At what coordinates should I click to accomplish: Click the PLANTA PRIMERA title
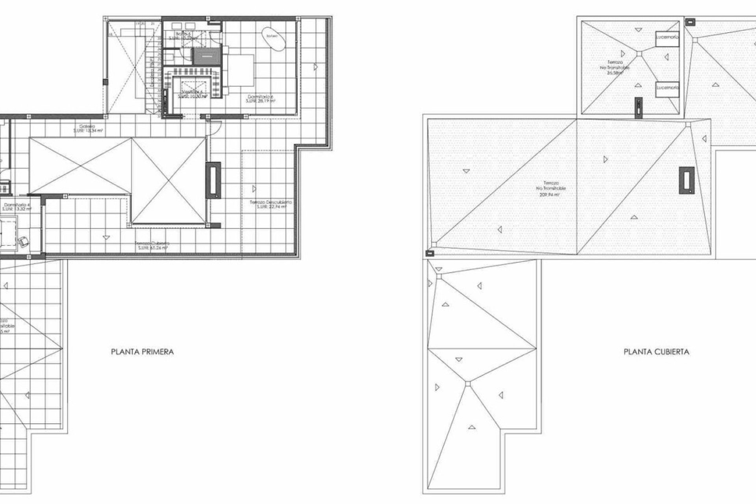tap(142, 352)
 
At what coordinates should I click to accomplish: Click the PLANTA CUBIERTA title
tap(656, 352)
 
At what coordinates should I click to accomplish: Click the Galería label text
tap(88, 129)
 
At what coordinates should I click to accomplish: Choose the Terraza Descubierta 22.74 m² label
tap(271, 204)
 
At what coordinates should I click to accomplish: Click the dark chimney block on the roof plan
tap(686, 181)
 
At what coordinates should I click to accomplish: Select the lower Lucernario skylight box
tap(667, 89)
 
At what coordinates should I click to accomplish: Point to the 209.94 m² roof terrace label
tap(551, 189)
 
